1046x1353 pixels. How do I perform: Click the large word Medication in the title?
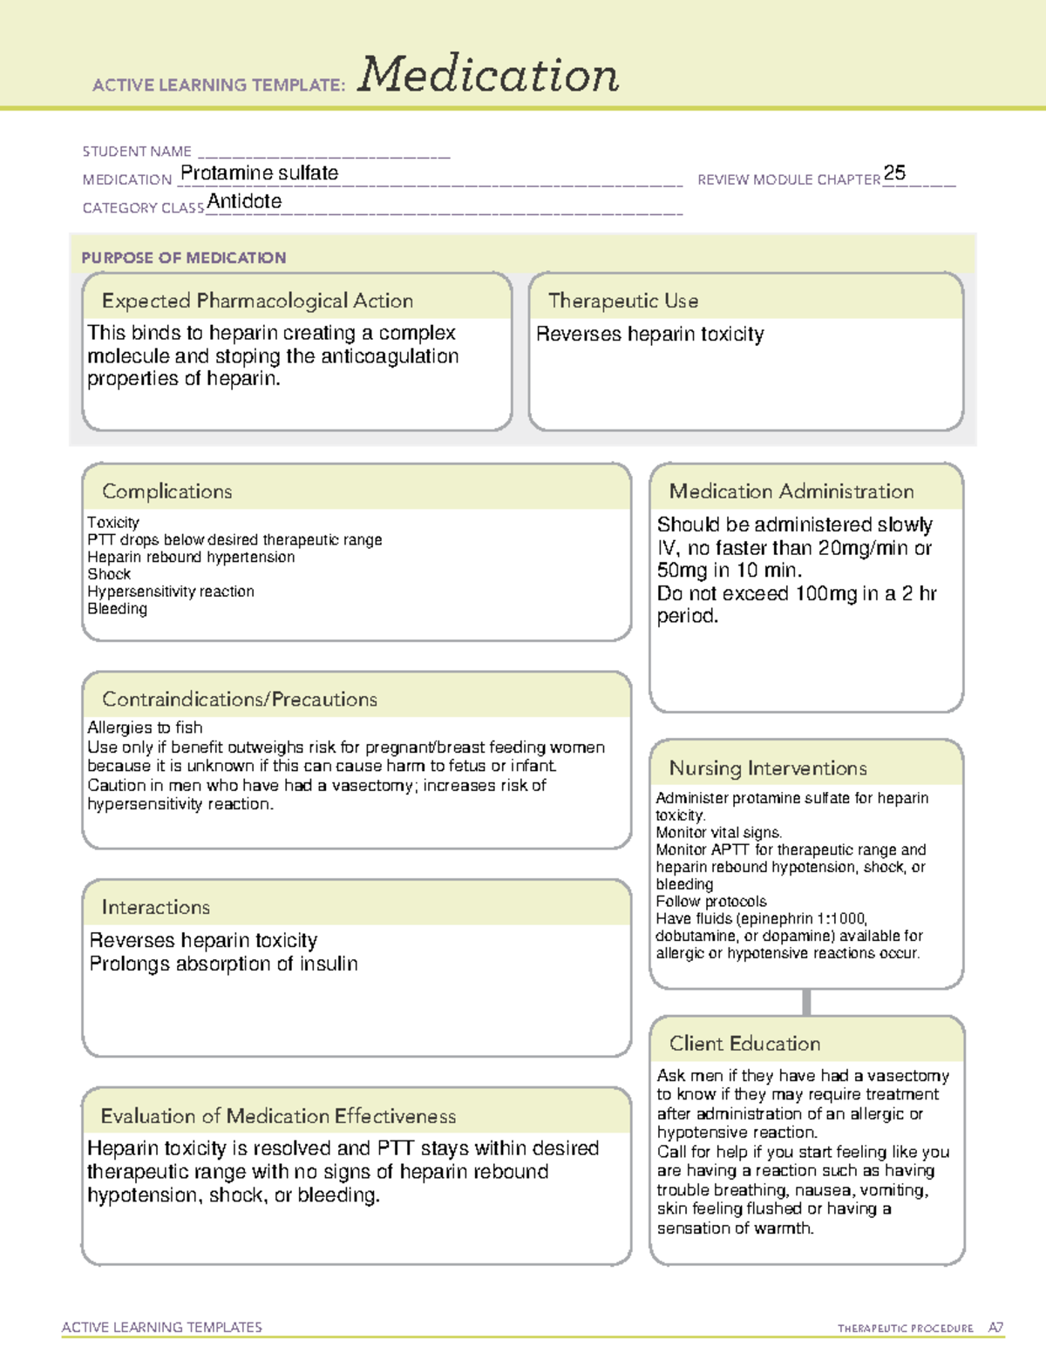point(488,75)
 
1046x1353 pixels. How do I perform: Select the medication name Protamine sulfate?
point(259,173)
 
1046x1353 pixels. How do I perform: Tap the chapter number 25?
point(894,173)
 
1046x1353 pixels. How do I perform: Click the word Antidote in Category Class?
point(244,201)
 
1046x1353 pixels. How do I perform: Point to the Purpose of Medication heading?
point(183,258)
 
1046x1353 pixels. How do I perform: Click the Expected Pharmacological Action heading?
point(257,301)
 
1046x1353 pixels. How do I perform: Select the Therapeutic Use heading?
point(622,301)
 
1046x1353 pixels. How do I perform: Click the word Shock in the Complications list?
point(109,574)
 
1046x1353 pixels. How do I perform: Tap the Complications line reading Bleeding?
point(117,609)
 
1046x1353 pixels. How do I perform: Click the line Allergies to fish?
point(145,727)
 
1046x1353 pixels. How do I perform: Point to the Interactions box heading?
point(155,908)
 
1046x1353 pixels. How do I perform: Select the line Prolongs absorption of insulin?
point(223,964)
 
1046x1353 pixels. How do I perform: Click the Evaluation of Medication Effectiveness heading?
point(278,1116)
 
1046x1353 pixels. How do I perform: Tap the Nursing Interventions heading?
point(767,768)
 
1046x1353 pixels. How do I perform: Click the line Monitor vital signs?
point(718,832)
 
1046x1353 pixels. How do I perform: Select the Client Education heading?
point(744,1044)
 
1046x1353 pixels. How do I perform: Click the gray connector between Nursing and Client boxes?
point(806,1002)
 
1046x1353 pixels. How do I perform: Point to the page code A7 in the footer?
point(995,1328)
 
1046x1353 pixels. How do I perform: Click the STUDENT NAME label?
point(137,152)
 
